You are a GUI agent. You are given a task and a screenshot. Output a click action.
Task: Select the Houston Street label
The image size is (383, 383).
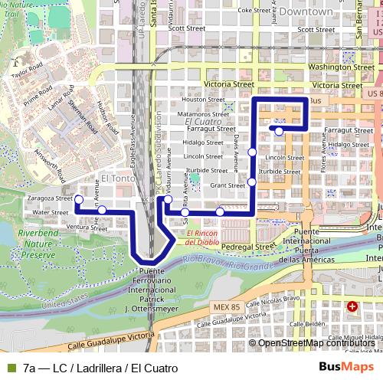[204, 100]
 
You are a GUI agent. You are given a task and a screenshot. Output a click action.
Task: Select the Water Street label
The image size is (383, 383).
[51, 212]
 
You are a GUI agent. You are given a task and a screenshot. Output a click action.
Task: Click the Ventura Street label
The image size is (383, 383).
[87, 228]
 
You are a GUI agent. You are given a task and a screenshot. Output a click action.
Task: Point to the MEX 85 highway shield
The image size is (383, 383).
[221, 306]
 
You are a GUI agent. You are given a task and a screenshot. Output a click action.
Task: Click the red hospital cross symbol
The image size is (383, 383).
[352, 306]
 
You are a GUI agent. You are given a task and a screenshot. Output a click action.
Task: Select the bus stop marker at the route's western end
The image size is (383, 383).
[78, 199]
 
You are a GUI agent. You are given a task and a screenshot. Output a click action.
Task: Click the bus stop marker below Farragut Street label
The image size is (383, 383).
[280, 131]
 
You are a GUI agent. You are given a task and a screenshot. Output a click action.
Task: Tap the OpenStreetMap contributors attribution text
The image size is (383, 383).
[316, 342]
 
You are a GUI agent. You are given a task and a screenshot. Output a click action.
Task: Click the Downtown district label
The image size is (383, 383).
[306, 12]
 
